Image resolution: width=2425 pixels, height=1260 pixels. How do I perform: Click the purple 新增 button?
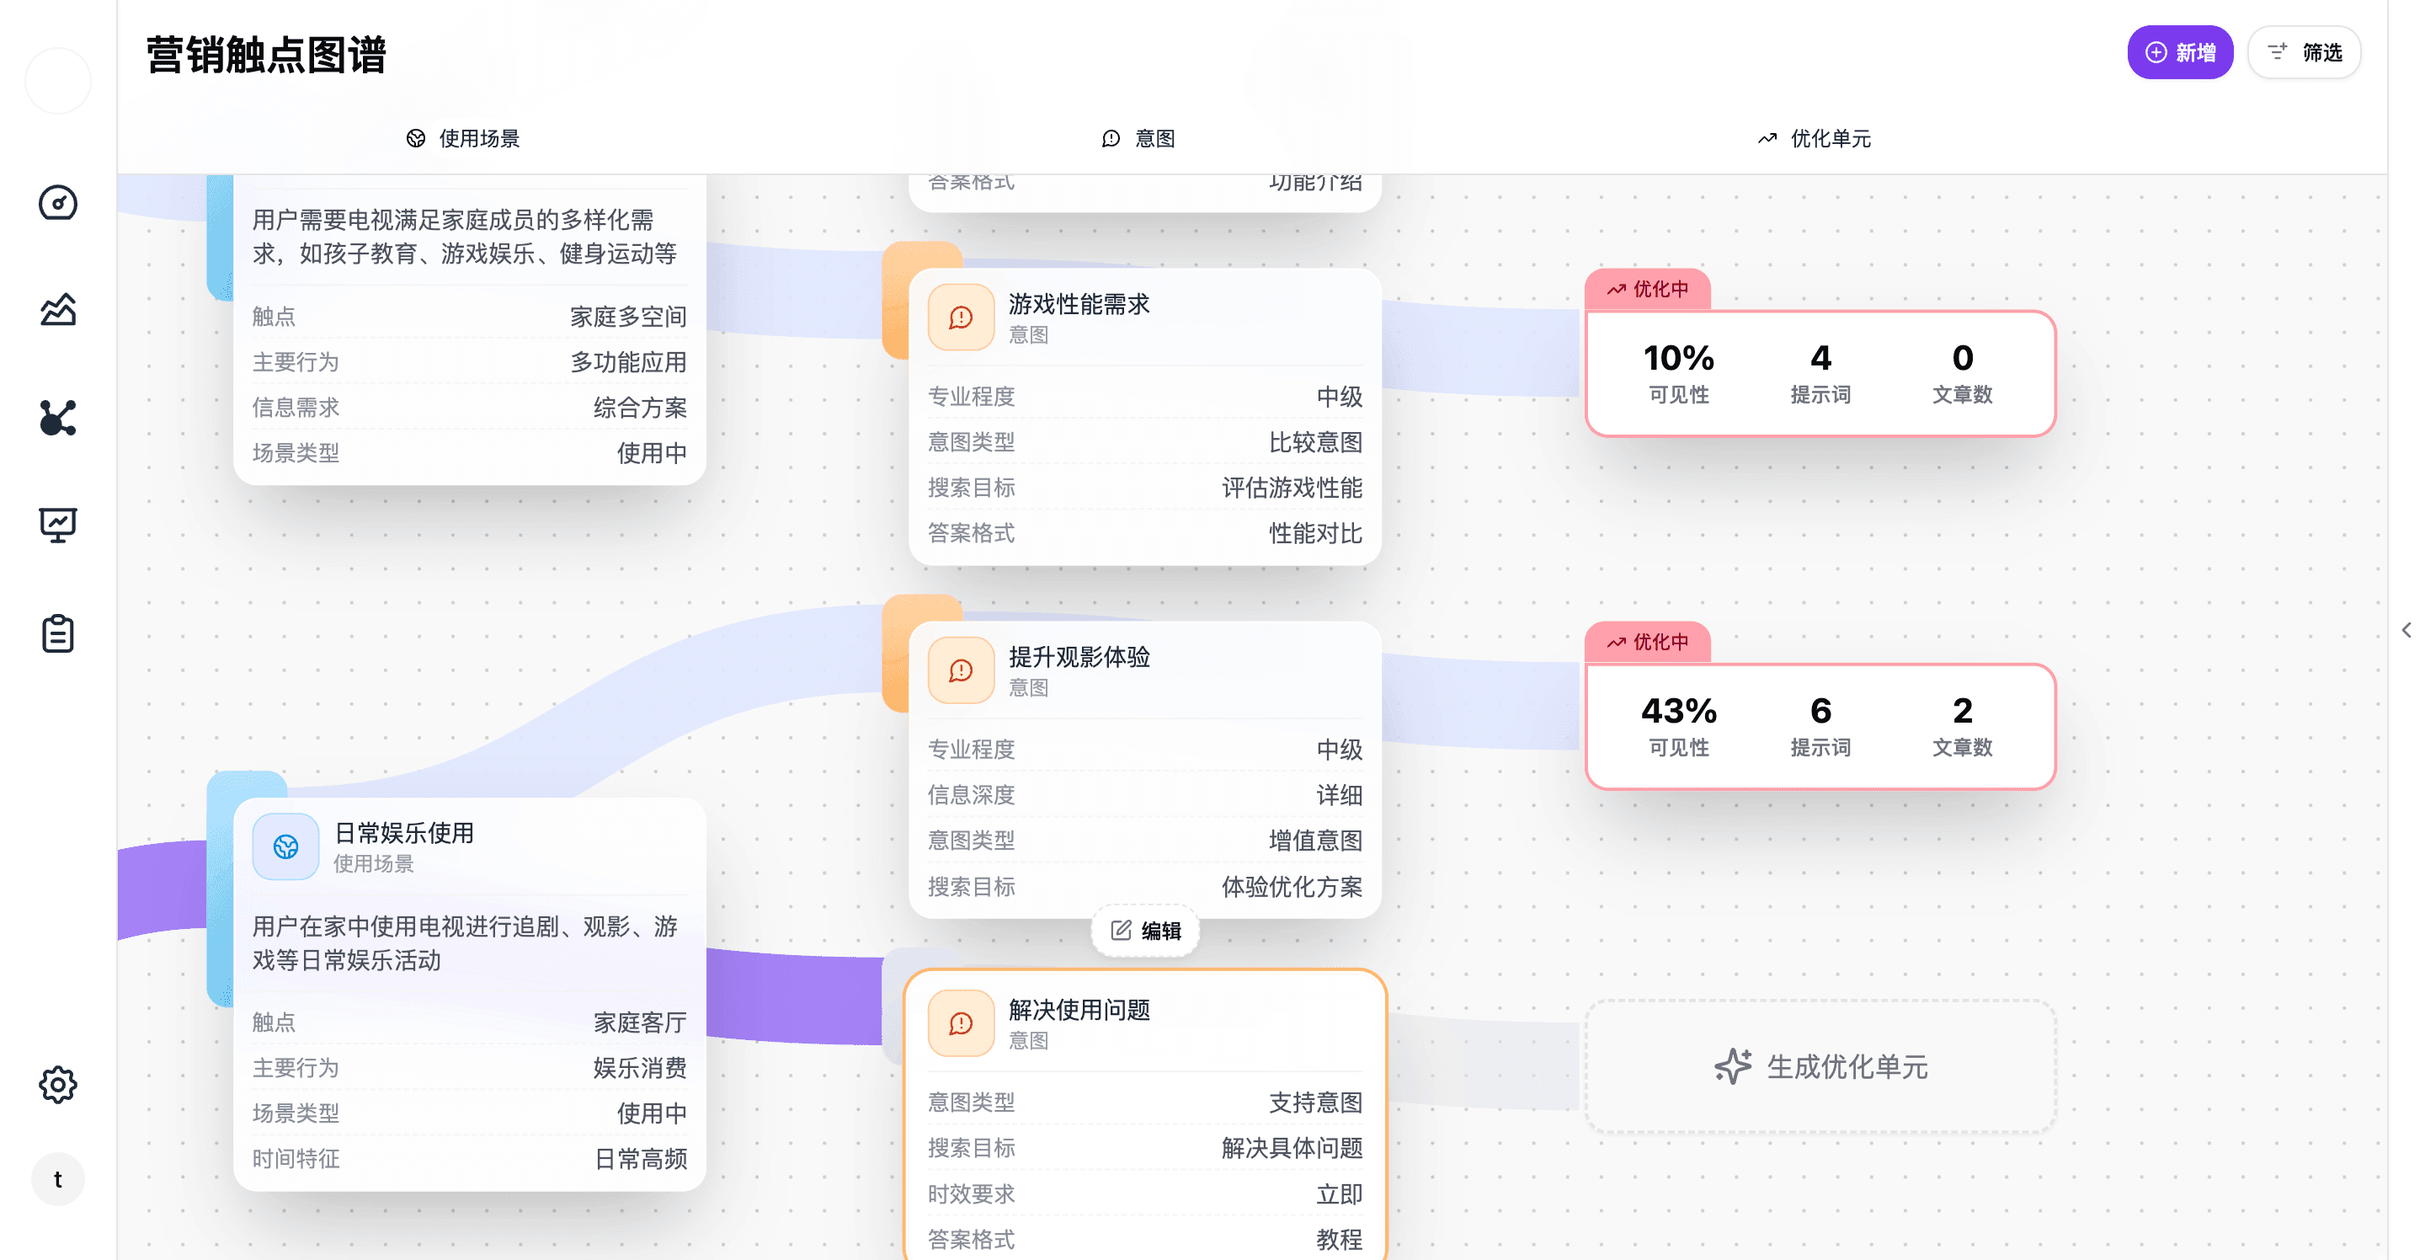coord(2179,53)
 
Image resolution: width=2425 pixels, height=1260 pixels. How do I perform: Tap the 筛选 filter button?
coord(2304,53)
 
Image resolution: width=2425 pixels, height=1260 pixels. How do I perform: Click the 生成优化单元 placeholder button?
coord(1820,1067)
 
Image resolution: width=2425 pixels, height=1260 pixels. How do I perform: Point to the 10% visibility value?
coord(1678,358)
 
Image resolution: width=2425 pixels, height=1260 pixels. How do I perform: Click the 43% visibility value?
coord(1678,711)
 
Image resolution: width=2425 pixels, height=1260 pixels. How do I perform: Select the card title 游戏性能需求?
coord(1079,304)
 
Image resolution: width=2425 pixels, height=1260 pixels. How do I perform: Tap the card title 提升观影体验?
coord(1079,656)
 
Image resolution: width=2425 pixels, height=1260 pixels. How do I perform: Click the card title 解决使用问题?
coord(1079,1010)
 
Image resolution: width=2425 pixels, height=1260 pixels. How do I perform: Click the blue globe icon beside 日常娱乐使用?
coord(286,846)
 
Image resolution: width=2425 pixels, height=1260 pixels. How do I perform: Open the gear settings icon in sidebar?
coord(58,1085)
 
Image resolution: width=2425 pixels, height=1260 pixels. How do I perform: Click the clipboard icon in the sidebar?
coord(58,633)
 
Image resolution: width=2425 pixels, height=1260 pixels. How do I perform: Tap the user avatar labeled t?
coord(58,1179)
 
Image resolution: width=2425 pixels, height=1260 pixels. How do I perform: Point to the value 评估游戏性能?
coord(1292,488)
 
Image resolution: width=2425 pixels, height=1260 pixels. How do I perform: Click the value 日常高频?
coord(640,1158)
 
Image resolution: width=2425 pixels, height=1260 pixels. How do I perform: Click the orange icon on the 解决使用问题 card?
coord(960,1023)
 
